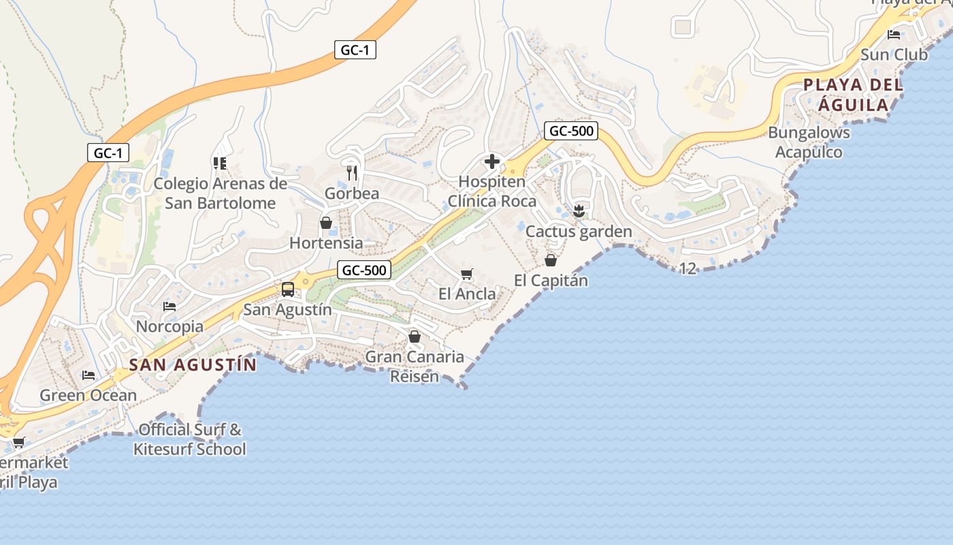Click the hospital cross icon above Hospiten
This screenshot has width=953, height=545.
491,162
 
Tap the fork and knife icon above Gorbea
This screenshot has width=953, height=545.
351,173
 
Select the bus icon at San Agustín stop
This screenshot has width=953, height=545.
288,290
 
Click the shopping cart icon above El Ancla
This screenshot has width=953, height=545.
467,275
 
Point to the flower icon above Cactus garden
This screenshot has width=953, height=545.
579,211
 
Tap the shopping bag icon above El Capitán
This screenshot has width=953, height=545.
551,260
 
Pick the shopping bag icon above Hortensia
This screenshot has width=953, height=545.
326,223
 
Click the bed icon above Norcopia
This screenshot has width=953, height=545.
169,307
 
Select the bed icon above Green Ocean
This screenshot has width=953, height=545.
88,375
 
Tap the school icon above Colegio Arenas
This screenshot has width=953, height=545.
219,163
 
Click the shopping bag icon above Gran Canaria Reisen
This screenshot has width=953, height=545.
415,337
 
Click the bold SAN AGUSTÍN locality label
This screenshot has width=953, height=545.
193,364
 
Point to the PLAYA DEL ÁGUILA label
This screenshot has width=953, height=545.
854,95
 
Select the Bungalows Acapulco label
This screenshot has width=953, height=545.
809,142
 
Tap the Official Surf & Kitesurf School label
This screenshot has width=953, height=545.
190,439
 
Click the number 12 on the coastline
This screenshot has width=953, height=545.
688,268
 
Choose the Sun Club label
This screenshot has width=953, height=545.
894,54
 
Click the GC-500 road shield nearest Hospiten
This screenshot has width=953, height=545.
571,131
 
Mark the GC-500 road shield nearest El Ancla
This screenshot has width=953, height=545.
364,270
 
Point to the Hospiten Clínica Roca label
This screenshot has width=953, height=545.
492,191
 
